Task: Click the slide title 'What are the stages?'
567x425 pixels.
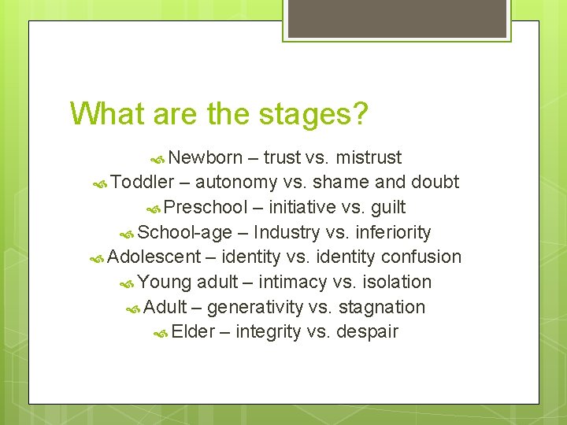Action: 218,113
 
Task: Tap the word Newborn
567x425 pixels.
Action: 205,157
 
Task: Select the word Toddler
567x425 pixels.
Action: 143,183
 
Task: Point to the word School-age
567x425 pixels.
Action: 185,232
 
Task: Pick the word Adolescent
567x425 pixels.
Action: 154,257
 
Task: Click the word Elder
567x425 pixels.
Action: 193,332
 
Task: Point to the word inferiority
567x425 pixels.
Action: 393,232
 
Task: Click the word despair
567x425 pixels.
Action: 367,332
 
